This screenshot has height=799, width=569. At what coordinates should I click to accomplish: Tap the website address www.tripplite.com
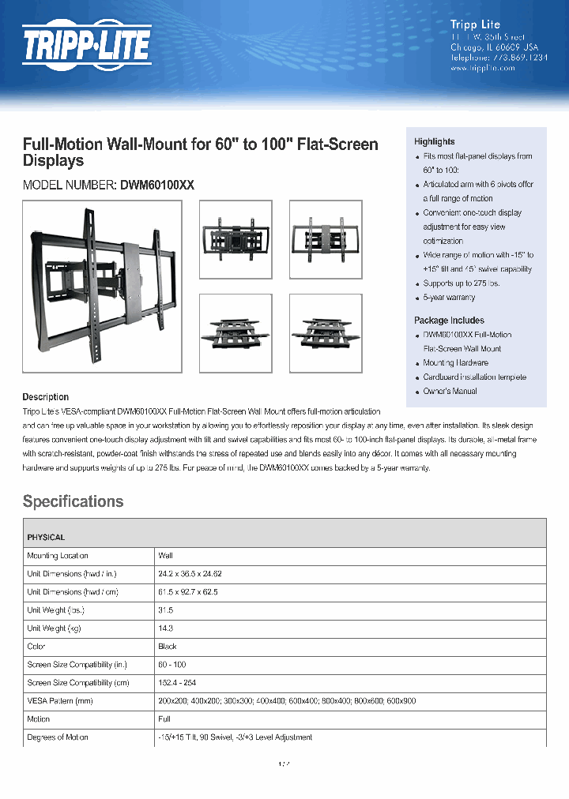pyautogui.click(x=482, y=68)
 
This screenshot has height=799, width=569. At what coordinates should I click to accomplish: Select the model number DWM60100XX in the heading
pyautogui.click(x=156, y=185)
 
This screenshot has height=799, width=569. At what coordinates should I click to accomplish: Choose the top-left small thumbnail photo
pyautogui.click(x=236, y=239)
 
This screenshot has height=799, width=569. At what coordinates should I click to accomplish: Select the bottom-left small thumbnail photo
pyautogui.click(x=236, y=332)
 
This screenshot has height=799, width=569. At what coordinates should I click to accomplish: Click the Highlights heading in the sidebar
pyautogui.click(x=434, y=141)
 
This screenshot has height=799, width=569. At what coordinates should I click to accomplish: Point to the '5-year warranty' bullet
pyautogui.click(x=449, y=298)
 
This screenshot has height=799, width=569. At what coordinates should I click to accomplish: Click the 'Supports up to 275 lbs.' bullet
pyautogui.click(x=462, y=283)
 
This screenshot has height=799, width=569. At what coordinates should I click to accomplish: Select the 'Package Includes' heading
pyautogui.click(x=449, y=321)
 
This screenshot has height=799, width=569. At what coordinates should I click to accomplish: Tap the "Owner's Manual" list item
pyautogui.click(x=450, y=392)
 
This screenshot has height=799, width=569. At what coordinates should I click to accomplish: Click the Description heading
pyautogui.click(x=45, y=397)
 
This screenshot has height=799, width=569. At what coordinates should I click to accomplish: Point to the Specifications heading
pyautogui.click(x=73, y=501)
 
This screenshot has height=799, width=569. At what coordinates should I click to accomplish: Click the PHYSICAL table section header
pyautogui.click(x=46, y=538)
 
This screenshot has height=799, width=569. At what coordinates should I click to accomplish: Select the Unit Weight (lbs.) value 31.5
pyautogui.click(x=166, y=610)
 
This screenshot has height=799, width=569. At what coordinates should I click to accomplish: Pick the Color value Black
pyautogui.click(x=168, y=647)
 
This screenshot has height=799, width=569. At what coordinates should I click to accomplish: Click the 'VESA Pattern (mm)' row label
pyautogui.click(x=60, y=701)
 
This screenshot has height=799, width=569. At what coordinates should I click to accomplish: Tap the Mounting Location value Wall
pyautogui.click(x=165, y=556)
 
